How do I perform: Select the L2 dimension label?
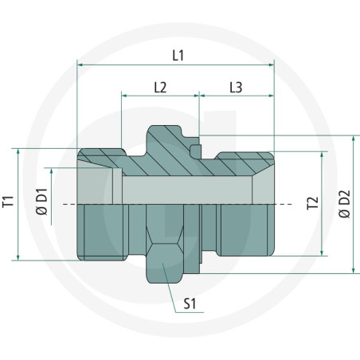[159, 85]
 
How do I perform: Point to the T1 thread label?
[9, 203]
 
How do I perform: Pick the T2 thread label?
[313, 204]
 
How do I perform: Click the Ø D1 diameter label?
[44, 204]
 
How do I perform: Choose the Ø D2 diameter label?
[345, 204]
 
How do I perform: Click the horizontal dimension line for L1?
[175, 64]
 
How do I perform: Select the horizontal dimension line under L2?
[159, 95]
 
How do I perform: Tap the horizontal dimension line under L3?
[236, 95]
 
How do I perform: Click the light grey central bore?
[183, 188]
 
